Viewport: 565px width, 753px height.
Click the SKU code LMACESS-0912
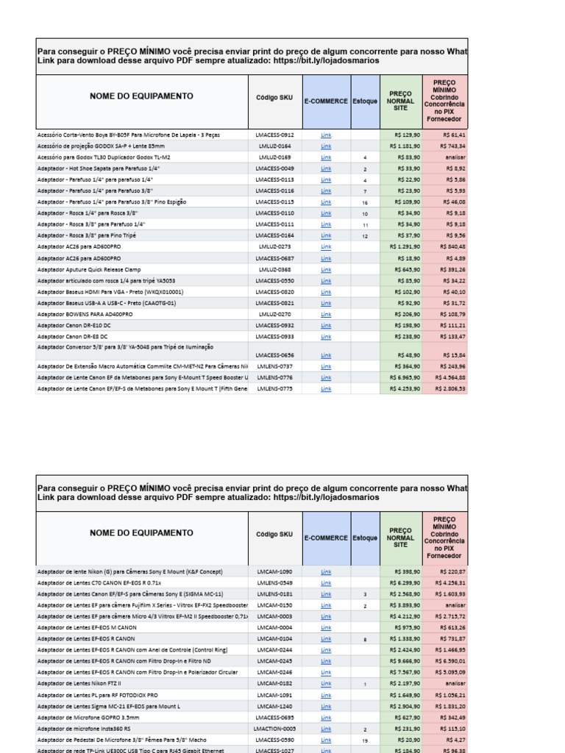tap(274, 135)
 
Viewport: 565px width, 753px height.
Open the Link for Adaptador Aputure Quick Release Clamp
tap(326, 270)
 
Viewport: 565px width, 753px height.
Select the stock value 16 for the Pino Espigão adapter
tap(364, 202)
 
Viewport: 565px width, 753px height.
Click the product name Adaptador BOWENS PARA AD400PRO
tap(85, 314)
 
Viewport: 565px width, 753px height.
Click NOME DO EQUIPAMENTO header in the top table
tap(141, 96)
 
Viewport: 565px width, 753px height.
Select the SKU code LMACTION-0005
tap(274, 729)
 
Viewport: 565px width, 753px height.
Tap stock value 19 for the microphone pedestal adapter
tap(364, 740)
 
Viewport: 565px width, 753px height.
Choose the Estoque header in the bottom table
tap(364, 538)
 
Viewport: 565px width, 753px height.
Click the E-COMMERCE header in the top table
tap(326, 101)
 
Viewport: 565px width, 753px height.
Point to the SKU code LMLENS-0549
tap(274, 582)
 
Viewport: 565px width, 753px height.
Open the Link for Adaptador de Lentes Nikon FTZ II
tap(326, 684)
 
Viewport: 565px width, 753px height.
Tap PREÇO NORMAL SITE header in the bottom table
tap(400, 538)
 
